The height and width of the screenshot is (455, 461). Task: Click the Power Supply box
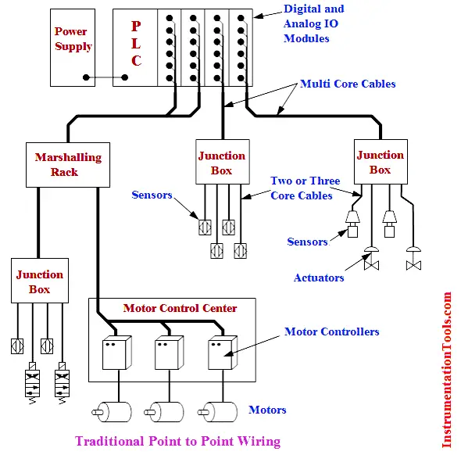73,48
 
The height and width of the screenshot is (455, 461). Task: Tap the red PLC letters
136,44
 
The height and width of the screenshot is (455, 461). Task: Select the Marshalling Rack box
68,165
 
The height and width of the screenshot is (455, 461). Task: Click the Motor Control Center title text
180,308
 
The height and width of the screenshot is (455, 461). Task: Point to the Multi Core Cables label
348,84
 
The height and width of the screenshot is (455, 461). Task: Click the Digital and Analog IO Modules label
313,23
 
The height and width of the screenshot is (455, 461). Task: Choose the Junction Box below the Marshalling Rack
40,281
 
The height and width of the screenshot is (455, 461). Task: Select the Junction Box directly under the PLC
223,162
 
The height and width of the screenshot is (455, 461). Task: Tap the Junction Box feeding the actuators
381,162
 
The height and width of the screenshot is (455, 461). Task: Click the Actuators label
319,278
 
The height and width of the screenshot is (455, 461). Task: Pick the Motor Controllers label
331,331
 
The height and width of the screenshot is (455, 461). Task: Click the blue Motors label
267,410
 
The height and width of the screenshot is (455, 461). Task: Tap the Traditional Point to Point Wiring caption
177,441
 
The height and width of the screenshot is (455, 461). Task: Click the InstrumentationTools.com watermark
447,370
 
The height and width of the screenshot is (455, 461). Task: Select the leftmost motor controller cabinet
116,353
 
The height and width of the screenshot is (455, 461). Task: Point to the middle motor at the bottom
164,412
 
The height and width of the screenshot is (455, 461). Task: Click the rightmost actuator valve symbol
413,259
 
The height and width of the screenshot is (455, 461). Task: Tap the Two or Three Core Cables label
306,188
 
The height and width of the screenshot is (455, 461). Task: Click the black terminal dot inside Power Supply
86,77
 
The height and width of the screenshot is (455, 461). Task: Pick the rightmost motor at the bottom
217,412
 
